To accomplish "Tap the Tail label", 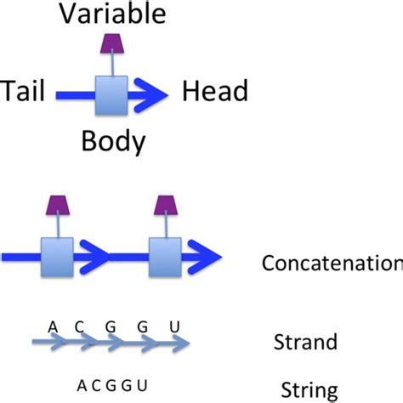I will (x=26, y=90).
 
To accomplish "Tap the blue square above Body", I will (x=111, y=90).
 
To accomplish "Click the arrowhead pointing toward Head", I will (x=153, y=90).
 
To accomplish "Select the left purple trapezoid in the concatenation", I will (x=57, y=205).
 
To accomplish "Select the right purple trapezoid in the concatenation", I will (x=165, y=205).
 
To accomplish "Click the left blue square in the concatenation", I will (x=57, y=254).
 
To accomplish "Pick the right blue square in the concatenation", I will (x=165, y=254).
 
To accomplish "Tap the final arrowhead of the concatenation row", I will (x=207, y=254).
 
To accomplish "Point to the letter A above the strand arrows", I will (x=53, y=326).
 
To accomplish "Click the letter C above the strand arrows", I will (x=82, y=326).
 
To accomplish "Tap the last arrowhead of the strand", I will (x=179, y=343).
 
